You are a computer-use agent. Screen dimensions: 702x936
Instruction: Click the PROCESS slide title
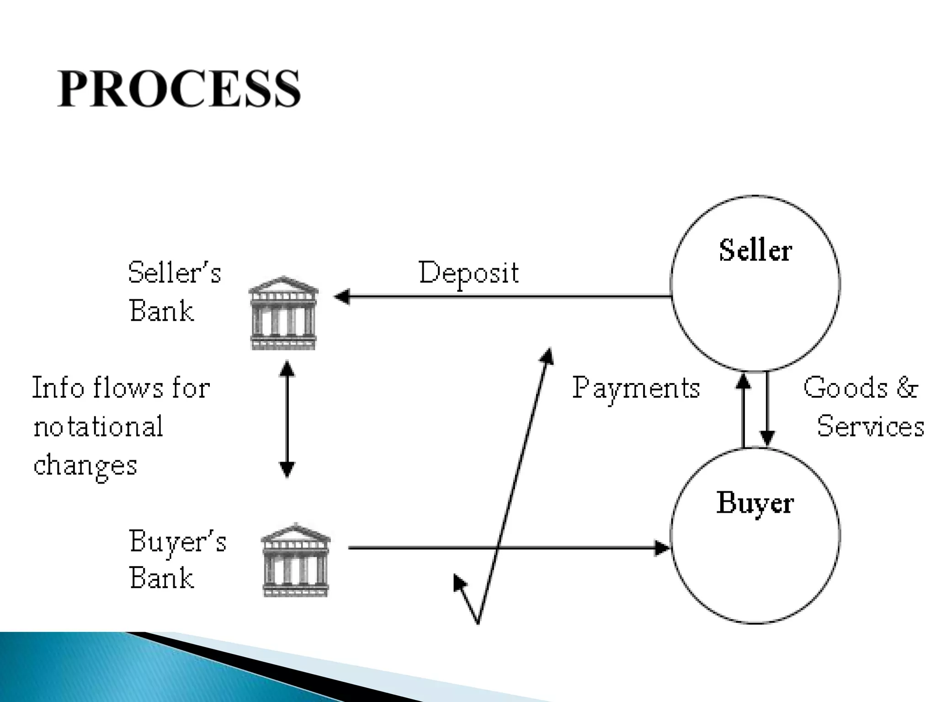pos(179,89)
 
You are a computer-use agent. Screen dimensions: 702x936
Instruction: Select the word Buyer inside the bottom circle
pos(755,503)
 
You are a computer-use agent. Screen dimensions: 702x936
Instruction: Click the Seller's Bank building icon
pos(283,314)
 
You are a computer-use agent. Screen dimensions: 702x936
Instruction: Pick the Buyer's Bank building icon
pos(296,560)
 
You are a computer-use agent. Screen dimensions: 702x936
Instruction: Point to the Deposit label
pos(468,273)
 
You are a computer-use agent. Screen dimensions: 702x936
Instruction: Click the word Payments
pos(636,388)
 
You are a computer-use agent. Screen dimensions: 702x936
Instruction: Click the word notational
pos(98,426)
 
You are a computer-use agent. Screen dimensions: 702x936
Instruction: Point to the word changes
pos(85,466)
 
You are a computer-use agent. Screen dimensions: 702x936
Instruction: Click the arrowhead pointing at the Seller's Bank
pos(342,297)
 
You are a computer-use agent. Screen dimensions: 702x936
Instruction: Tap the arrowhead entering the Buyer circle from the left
pos(662,548)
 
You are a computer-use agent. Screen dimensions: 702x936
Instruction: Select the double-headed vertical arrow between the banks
pos(287,419)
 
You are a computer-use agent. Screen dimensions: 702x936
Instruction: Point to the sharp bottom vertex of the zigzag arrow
pos(478,622)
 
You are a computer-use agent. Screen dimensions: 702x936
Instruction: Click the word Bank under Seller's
pos(161,311)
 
